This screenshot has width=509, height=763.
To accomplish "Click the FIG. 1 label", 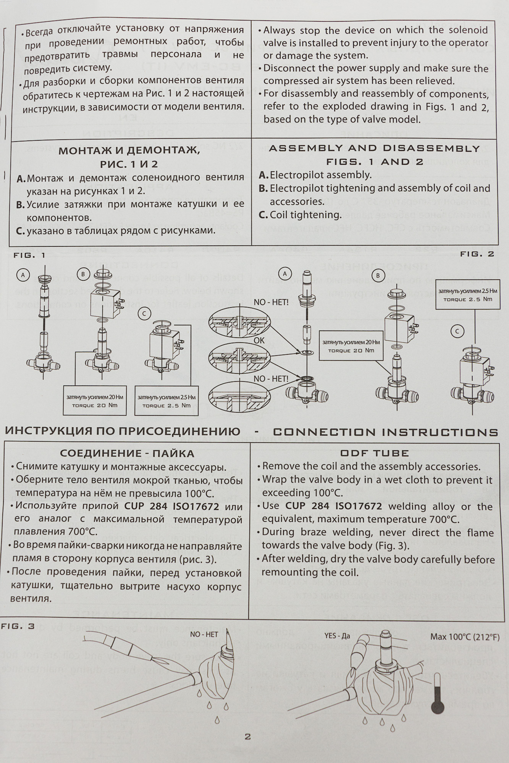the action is click(29, 255).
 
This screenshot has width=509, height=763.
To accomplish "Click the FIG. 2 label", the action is click(477, 254).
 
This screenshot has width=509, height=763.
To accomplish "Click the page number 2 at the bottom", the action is click(247, 736).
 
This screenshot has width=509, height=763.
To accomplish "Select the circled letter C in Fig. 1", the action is click(144, 314).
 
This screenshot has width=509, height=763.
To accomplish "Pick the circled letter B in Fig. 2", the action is click(378, 275).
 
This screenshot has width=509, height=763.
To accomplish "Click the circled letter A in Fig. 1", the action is click(23, 275).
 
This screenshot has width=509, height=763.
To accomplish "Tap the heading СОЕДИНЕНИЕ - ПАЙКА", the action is click(127, 454).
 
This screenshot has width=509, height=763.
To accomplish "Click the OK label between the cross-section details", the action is click(259, 340).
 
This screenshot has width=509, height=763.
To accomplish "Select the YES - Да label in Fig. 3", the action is click(337, 636).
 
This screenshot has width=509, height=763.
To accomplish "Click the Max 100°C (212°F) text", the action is click(465, 637).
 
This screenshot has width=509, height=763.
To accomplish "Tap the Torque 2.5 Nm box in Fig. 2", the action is click(467, 295).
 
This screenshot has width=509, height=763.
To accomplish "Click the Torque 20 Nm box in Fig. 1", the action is click(95, 401).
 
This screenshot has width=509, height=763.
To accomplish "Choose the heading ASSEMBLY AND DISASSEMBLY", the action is click(374, 148).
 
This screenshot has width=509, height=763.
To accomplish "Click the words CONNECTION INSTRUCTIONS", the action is click(386, 432).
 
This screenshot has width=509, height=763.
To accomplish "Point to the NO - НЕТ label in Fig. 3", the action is click(204, 634).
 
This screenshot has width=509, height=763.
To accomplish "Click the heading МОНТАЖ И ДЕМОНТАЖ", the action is click(129, 150).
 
